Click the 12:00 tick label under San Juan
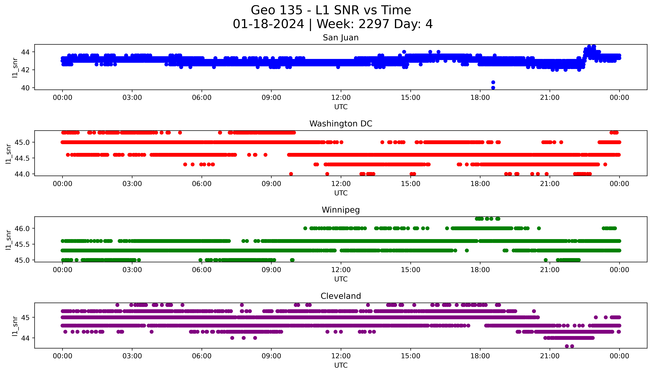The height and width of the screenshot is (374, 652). click(x=341, y=98)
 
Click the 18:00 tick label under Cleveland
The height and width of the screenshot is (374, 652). click(x=480, y=356)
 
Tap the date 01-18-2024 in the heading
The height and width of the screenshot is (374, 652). click(x=268, y=24)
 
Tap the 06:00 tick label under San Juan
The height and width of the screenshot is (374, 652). click(x=202, y=98)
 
